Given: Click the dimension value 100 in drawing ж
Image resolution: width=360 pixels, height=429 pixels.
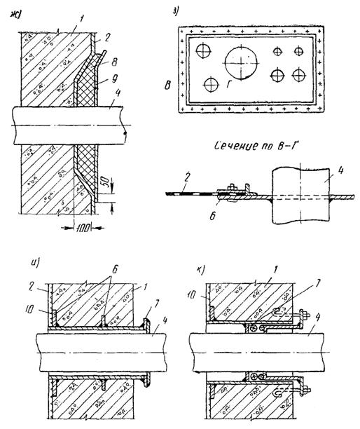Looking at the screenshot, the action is pos(83,228).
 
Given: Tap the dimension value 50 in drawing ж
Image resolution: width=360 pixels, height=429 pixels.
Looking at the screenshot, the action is pos(107,182).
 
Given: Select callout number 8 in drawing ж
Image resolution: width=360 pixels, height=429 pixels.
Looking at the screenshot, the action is pos(114,62).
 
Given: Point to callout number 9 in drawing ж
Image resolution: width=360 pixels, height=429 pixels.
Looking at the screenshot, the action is pos(115,79).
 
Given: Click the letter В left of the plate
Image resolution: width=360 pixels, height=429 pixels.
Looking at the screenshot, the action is pos(168,86).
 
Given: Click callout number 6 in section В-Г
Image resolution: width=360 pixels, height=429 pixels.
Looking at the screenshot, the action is pos(212,216).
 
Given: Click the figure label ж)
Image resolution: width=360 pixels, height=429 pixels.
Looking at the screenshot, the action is pos(16,15).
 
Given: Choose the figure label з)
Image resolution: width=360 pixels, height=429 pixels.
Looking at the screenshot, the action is pos(176,11).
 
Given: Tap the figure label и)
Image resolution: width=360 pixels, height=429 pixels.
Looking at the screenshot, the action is pos(35,264).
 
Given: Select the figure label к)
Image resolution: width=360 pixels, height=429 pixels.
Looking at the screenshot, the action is pos(201,270).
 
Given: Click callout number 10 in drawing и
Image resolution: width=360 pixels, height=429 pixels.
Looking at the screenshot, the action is pos(29,309).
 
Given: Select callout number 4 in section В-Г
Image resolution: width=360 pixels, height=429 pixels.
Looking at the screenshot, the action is pos(340,172).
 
